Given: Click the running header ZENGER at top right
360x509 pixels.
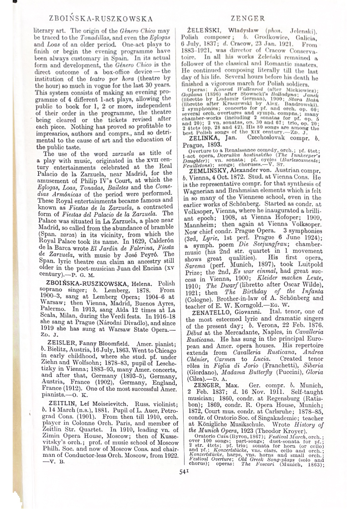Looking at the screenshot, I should click(248, 19).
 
